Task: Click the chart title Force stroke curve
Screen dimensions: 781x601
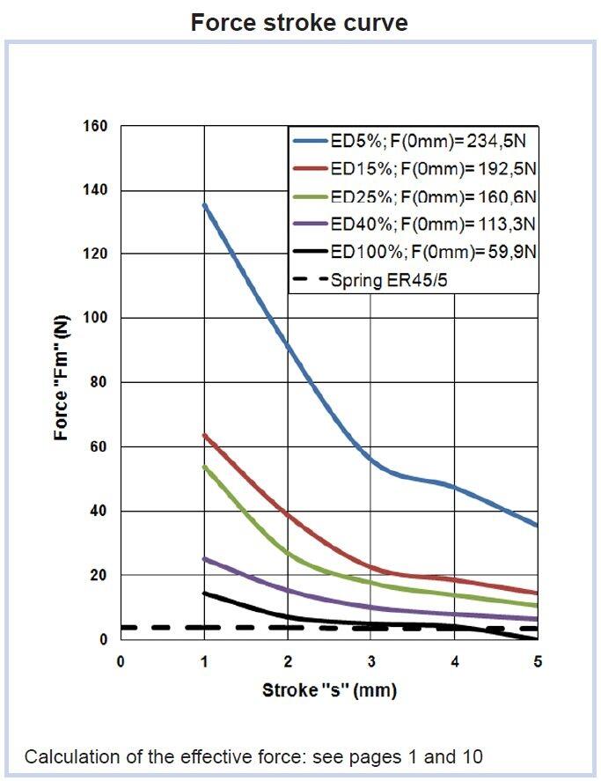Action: pos(299,22)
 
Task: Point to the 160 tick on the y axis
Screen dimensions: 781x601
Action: pos(96,127)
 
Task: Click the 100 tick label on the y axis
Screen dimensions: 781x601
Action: pos(96,319)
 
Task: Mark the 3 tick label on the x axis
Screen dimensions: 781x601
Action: pos(370,661)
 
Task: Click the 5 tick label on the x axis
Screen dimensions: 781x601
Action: pos(537,661)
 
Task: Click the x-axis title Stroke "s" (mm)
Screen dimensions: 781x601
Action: pos(329,690)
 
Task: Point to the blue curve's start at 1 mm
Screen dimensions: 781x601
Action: pos(204,205)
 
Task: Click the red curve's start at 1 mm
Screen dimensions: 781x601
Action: pos(204,435)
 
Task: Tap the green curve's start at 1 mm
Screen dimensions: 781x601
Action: pos(204,467)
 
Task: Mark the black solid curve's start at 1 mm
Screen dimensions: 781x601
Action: pos(204,593)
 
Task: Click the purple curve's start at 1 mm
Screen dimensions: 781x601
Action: pos(204,558)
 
